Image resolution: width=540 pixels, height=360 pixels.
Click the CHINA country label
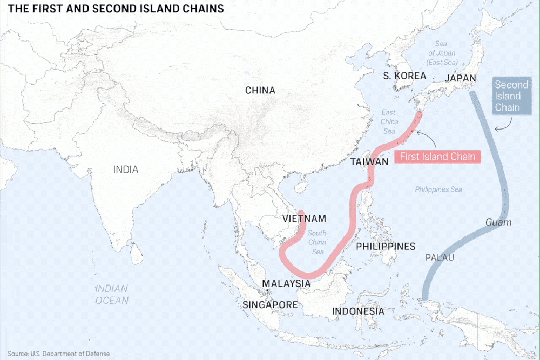point(260,90)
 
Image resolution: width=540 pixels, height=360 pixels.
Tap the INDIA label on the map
point(126,169)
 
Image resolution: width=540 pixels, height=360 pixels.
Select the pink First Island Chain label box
point(437,157)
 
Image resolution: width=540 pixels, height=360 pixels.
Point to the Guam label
point(498,222)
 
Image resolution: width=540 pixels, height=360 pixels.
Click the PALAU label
point(440,257)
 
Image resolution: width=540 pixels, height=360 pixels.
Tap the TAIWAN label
point(369,162)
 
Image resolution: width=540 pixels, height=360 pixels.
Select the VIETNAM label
point(305,219)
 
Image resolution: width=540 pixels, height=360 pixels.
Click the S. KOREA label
point(405,76)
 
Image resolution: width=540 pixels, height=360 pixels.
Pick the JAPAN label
point(461,78)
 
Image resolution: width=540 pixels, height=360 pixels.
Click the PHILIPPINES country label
point(386,247)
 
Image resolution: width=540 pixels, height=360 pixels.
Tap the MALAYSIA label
point(286,283)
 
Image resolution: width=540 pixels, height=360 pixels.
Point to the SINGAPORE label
point(270,304)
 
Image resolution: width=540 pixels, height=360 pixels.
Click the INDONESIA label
point(358,311)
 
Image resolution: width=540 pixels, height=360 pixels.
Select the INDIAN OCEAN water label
point(112,294)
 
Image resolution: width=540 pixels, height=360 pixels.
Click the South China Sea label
point(317,242)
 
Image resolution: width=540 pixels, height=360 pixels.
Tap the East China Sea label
point(389,121)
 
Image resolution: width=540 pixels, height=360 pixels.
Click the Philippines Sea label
point(438,189)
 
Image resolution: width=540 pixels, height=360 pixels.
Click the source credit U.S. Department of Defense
point(59,354)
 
